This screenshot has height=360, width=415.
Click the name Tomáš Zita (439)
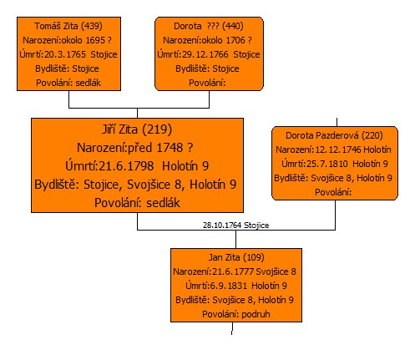point(68,26)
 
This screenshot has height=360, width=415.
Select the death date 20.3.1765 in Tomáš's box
point(65,54)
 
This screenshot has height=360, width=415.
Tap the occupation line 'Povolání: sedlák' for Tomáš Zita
point(68,83)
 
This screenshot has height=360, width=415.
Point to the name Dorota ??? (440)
point(209,26)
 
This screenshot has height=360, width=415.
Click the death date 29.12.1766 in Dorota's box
point(205,54)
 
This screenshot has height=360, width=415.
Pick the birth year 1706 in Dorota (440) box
point(235,40)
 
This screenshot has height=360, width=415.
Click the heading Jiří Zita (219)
point(137,129)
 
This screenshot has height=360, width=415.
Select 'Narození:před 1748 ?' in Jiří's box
point(135,148)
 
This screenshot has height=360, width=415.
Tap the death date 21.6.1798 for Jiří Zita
point(126,166)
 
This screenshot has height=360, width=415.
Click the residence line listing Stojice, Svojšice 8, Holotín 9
point(135,185)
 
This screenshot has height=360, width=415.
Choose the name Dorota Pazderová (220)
point(334,135)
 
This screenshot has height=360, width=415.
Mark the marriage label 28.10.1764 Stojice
point(236,226)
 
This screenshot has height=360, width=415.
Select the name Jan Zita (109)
point(236,257)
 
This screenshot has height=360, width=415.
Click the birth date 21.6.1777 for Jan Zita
point(233,271)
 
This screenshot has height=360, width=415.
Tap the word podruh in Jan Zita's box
point(256,314)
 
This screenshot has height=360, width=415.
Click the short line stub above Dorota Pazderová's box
point(337,122)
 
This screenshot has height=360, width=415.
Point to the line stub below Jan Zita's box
point(232,328)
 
